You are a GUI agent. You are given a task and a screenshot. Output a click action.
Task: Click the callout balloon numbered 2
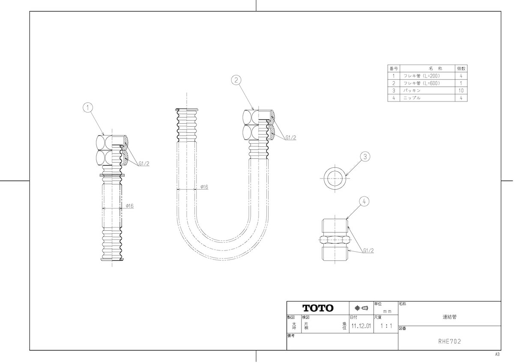coord(236,80)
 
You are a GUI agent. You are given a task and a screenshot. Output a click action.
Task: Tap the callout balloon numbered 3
coord(365,157)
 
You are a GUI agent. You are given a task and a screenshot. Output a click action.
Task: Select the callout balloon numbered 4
coord(364,201)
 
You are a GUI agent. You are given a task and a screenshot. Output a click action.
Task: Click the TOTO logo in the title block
coord(318,308)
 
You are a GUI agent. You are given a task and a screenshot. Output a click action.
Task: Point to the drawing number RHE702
coord(449,342)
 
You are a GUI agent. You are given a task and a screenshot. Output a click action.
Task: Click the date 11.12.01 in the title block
coord(361,326)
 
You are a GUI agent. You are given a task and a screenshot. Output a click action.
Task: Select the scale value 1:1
coord(386,326)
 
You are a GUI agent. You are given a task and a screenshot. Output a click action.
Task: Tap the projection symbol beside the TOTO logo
coord(362,308)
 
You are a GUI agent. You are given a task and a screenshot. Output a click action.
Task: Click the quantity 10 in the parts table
coord(461,91)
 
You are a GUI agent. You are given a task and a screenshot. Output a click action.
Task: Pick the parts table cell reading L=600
coord(422,83)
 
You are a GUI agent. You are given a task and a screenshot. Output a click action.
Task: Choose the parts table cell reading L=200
coord(422,76)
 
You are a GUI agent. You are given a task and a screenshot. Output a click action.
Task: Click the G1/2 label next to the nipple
coord(368,251)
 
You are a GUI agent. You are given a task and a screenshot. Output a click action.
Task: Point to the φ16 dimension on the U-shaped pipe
coord(204,187)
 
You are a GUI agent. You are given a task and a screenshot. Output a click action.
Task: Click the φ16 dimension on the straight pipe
coord(129,206)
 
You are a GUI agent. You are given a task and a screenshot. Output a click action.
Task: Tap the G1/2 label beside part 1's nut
coord(144,164)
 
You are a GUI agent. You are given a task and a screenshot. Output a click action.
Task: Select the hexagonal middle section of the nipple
coord(335,240)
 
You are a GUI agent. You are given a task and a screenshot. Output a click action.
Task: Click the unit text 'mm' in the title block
coord(387,311)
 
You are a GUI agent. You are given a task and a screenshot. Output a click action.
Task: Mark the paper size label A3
coord(497,354)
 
